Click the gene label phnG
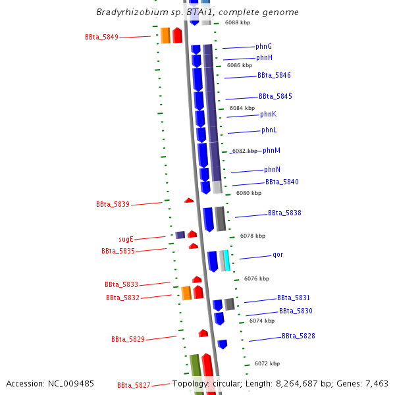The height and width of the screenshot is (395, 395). tap(263, 46)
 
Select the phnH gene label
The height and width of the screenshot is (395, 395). tap(264, 58)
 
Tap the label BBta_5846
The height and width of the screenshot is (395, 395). tap(274, 76)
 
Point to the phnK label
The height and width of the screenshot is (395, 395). tap(269, 115)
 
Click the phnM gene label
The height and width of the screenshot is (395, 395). tap(271, 151)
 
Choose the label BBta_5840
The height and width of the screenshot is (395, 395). tap(282, 182)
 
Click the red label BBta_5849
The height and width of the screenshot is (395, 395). tap(101, 38)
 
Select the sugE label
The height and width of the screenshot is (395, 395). tap(126, 240)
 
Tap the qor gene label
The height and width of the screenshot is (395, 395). tap(278, 255)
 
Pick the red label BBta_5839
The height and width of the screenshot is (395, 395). tap(113, 205)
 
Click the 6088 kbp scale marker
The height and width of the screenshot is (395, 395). tap(237, 22)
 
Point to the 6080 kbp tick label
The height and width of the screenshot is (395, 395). tap(248, 193)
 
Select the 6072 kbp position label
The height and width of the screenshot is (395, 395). tap(267, 363)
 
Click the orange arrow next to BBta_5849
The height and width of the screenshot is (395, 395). tap(165, 36)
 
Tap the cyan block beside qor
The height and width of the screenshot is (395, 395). tap(226, 261)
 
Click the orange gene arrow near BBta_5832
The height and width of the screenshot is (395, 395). tap(186, 293)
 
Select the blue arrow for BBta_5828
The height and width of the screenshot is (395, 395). tap(223, 344)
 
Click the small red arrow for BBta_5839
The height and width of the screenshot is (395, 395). tap(189, 200)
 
